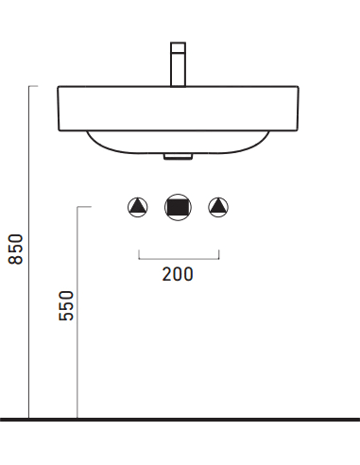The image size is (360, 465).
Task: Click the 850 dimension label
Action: pos(16,249)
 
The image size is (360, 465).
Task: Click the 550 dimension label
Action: pos(66,305)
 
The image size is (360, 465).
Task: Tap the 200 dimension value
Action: pos(178,274)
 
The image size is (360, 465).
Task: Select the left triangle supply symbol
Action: pos(138,207)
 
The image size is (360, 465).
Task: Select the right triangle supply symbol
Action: pos(218,207)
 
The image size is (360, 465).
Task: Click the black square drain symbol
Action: pos(178,207)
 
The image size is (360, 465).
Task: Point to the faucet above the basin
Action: pos(178,64)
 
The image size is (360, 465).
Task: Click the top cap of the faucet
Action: pos(178,47)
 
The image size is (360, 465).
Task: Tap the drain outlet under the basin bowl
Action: pos(178,157)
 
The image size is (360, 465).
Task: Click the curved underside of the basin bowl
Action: pos(178,153)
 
